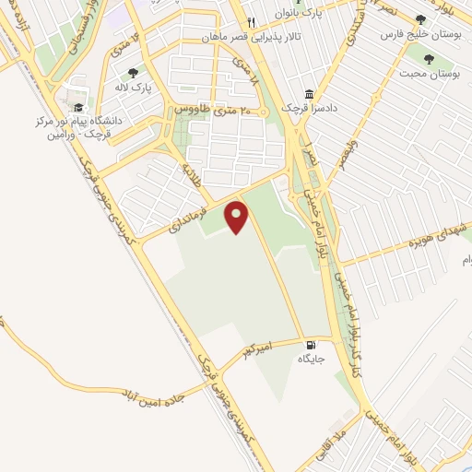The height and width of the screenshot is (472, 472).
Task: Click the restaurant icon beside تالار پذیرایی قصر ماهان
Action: click(249, 23)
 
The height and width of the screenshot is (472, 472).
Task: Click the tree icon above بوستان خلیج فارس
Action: click(421, 18)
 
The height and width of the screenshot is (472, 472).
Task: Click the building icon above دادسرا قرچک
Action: click(309, 94)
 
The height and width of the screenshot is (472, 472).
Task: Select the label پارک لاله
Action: click(135, 88)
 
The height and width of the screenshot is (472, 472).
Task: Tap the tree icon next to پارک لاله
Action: click(134, 72)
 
